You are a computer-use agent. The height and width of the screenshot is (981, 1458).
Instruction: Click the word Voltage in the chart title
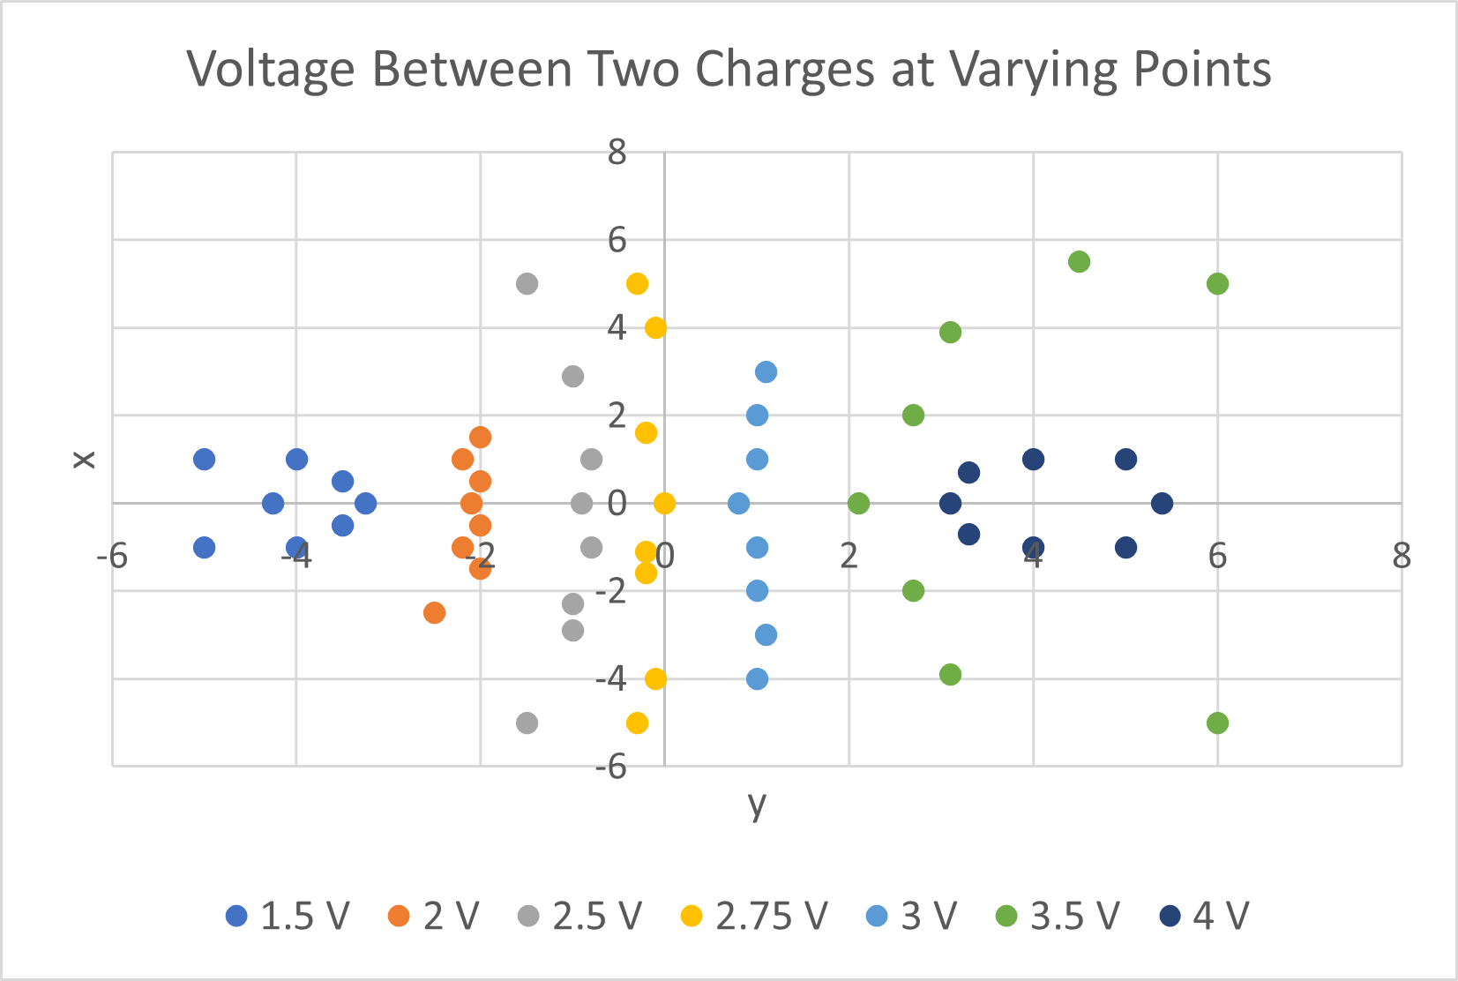pos(270,69)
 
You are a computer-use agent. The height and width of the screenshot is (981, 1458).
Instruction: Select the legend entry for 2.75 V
pos(755,917)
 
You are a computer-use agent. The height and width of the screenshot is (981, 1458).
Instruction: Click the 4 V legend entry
pos(1204,917)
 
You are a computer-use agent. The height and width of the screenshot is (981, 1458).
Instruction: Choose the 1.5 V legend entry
pos(288,917)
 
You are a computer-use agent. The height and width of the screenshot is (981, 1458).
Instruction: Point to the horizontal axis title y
pos(757,804)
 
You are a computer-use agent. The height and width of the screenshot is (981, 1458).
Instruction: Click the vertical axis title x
pos(83,459)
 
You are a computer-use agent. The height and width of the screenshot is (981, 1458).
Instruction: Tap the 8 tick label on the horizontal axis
pos(1401,556)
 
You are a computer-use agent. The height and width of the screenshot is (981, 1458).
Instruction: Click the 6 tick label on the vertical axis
pos(617,240)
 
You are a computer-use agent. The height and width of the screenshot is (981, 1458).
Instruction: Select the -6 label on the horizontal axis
pos(112,556)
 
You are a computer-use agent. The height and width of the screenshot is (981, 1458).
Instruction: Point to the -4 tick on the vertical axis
pos(610,678)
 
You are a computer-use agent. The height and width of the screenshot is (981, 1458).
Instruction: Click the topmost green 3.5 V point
pos(1079,262)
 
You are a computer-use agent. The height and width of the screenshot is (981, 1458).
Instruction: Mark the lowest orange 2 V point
pos(434,613)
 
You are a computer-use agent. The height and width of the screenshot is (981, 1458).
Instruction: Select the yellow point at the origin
pos(664,504)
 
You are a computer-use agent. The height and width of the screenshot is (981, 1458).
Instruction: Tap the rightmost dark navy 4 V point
pos(1162,504)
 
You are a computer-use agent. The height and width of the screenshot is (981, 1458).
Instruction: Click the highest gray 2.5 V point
pos(527,284)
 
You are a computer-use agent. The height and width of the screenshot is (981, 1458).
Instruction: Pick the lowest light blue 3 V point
pos(757,679)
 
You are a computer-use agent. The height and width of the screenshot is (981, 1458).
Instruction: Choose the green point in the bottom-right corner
pos(1217,723)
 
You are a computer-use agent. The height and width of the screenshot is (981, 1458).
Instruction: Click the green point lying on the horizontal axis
pos(858,504)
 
